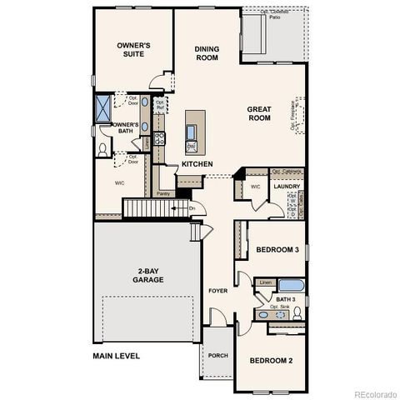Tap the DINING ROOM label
click(x=207, y=53)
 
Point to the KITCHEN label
click(x=197, y=164)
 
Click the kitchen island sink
click(x=191, y=131)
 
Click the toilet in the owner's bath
click(x=102, y=149)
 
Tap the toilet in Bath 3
click(x=297, y=313)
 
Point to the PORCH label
click(x=218, y=355)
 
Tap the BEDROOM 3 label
click(x=277, y=249)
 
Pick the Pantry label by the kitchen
click(x=162, y=193)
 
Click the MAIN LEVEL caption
click(x=117, y=356)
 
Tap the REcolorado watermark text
click(x=374, y=393)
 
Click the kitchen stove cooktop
click(x=160, y=138)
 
